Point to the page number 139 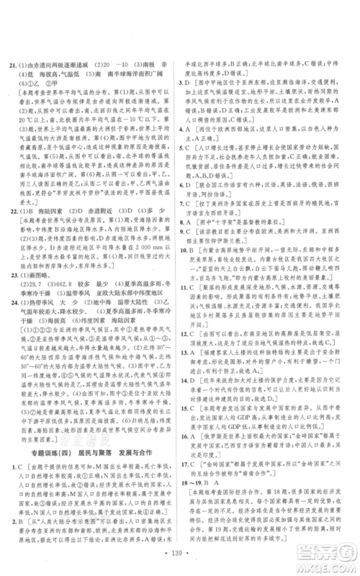(x=180, y=557)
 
